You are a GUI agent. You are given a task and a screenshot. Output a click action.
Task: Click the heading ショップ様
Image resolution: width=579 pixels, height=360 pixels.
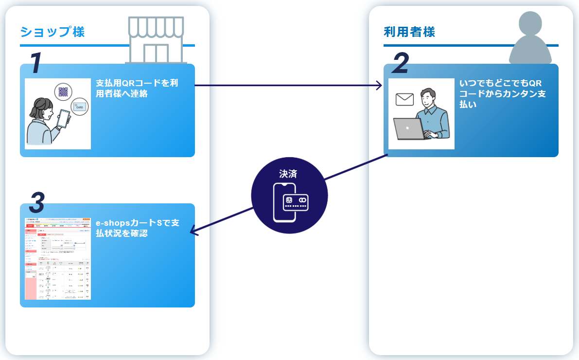(x=53, y=32)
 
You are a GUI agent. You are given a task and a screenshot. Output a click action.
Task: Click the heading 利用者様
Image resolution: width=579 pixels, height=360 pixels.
(x=409, y=32)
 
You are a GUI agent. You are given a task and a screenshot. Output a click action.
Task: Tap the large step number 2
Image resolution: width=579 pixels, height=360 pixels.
(x=400, y=64)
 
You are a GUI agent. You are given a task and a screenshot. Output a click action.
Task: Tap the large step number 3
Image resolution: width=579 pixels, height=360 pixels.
(x=37, y=203)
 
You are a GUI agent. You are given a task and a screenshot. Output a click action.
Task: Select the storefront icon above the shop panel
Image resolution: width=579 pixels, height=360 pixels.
(x=156, y=40)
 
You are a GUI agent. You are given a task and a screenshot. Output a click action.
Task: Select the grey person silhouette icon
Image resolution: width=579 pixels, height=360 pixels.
(x=533, y=39)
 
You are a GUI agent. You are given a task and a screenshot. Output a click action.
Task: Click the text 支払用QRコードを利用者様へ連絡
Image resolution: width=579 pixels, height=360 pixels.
(x=137, y=88)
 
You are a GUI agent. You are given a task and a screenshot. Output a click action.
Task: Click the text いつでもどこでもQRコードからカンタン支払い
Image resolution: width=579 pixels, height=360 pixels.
(x=502, y=94)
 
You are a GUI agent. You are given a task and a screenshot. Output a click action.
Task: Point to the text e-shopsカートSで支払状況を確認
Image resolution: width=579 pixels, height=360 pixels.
(x=138, y=228)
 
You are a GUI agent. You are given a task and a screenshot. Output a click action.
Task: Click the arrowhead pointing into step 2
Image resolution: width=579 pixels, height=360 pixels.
(x=380, y=86)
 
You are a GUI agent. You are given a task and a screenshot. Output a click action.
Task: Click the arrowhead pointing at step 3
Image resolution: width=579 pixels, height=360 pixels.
(x=193, y=231)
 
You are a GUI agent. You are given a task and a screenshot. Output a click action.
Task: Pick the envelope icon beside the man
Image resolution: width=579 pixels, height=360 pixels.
(x=404, y=99)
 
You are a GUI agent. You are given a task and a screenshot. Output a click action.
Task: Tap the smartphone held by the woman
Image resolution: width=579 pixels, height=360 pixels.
(x=64, y=118)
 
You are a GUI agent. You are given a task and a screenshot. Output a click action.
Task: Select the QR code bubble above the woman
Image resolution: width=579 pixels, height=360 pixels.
(x=63, y=92)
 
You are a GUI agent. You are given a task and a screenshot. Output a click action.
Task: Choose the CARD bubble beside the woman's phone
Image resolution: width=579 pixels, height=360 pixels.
(x=79, y=107)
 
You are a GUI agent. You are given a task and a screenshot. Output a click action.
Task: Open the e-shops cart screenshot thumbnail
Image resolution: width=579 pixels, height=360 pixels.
(x=58, y=258)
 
